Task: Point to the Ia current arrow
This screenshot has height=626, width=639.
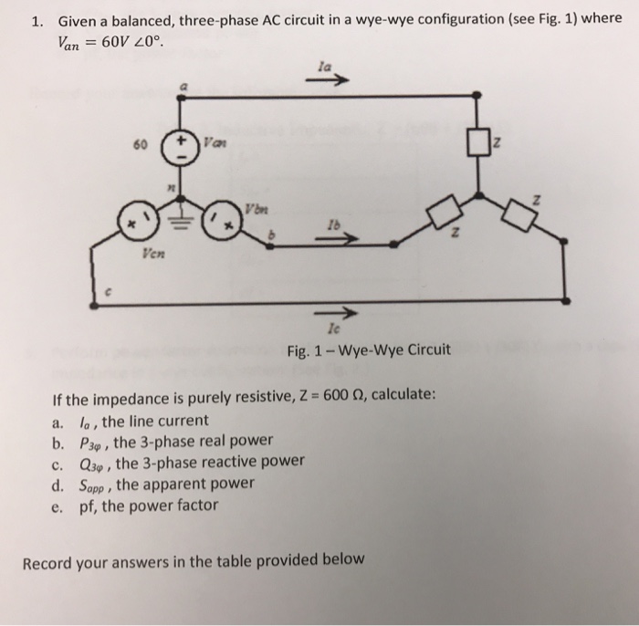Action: (x=333, y=79)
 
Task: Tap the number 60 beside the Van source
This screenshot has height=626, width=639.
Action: (x=138, y=146)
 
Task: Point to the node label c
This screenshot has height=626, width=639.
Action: (x=107, y=294)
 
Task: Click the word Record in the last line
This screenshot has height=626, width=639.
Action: (x=47, y=559)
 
